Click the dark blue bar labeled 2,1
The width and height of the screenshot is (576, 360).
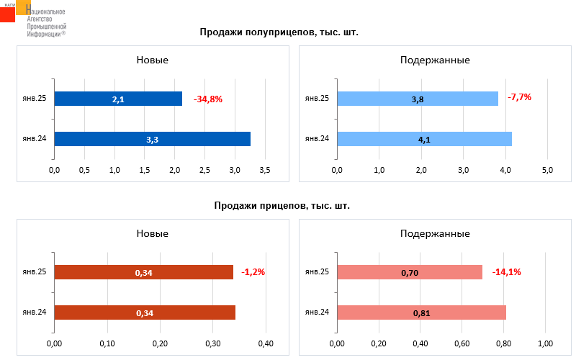(118, 99)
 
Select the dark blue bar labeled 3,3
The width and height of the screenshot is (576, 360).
(153, 139)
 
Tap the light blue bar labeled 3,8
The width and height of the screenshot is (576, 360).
(418, 99)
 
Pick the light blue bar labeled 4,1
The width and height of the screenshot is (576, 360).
(425, 139)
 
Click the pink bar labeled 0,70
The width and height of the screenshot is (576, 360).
(410, 272)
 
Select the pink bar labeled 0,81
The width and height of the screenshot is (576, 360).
(422, 312)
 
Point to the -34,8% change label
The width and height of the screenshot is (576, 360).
(208, 99)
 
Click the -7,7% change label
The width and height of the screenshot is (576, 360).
(520, 97)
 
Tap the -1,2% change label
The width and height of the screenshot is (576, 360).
(253, 272)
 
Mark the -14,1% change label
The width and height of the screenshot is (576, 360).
(507, 272)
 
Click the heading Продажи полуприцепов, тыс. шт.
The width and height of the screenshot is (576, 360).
(279, 32)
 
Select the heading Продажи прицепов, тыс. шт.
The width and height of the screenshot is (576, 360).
(282, 206)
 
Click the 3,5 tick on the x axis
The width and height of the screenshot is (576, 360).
(265, 170)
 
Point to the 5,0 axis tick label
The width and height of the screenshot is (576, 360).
(547, 170)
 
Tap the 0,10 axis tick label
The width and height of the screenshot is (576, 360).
(107, 344)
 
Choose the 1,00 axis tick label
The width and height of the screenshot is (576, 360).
(546, 344)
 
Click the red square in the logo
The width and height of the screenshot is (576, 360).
(7, 14)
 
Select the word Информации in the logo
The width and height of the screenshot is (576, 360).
(44, 34)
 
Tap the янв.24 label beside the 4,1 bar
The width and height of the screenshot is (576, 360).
(317, 138)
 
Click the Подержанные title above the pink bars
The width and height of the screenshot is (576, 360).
(435, 233)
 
